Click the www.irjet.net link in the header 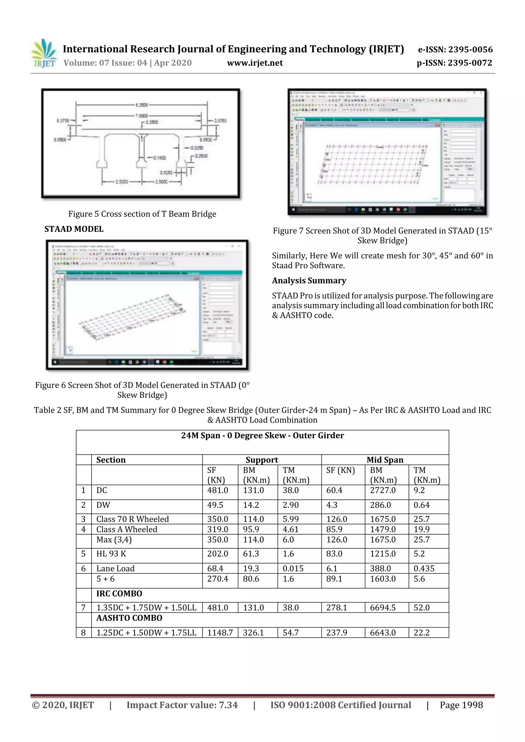[x=255, y=63]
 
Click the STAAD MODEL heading [x=74, y=229]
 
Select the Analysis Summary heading [x=309, y=280]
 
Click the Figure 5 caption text [x=142, y=214]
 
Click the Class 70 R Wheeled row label [x=133, y=519]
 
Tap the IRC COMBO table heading [x=119, y=593]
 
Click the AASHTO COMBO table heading [x=129, y=618]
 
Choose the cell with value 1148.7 [x=220, y=632]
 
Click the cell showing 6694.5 [x=383, y=608]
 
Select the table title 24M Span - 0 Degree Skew [x=262, y=436]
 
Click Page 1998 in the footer [x=461, y=705]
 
